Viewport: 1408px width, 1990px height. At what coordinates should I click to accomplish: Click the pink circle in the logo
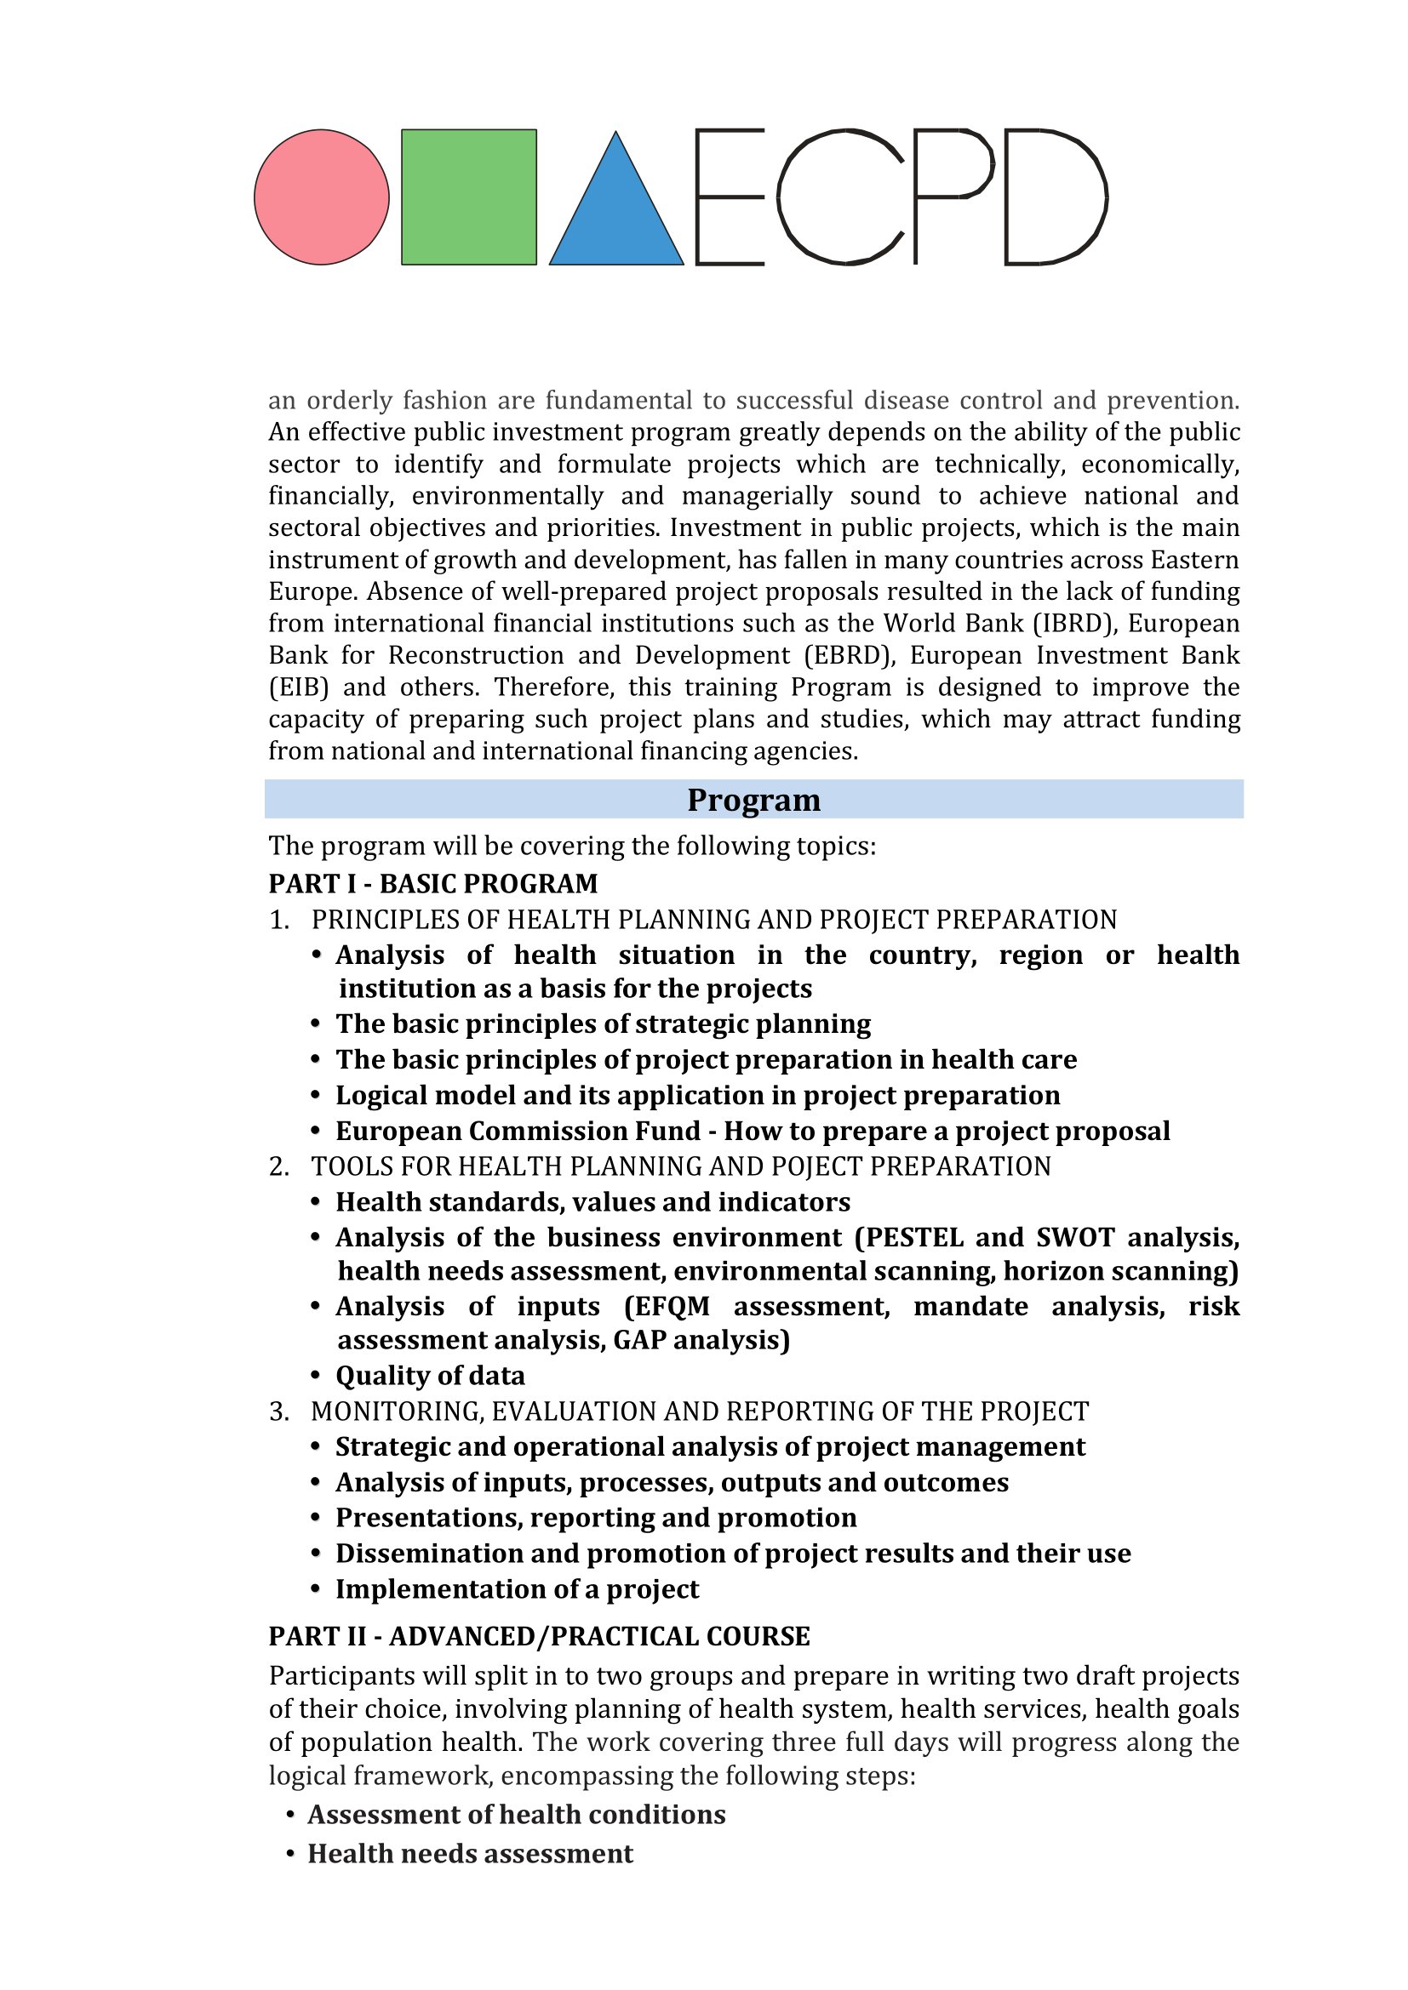[x=322, y=197]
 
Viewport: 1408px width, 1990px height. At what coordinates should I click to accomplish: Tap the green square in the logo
[x=469, y=197]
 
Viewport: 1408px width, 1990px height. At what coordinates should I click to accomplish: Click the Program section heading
[x=753, y=799]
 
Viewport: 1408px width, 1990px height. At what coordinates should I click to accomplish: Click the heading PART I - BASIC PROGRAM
[x=433, y=883]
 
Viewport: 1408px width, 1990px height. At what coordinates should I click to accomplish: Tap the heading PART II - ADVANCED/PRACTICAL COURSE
[x=539, y=1636]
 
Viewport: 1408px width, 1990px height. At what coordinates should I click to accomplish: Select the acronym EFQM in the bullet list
[x=673, y=1306]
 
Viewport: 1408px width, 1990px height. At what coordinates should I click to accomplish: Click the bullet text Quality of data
[x=430, y=1376]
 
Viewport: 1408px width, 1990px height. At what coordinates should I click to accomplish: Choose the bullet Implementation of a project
[x=517, y=1588]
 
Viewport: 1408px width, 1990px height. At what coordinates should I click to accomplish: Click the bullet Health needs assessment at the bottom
[x=470, y=1853]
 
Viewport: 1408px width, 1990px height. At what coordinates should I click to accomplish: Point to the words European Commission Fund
[x=518, y=1131]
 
